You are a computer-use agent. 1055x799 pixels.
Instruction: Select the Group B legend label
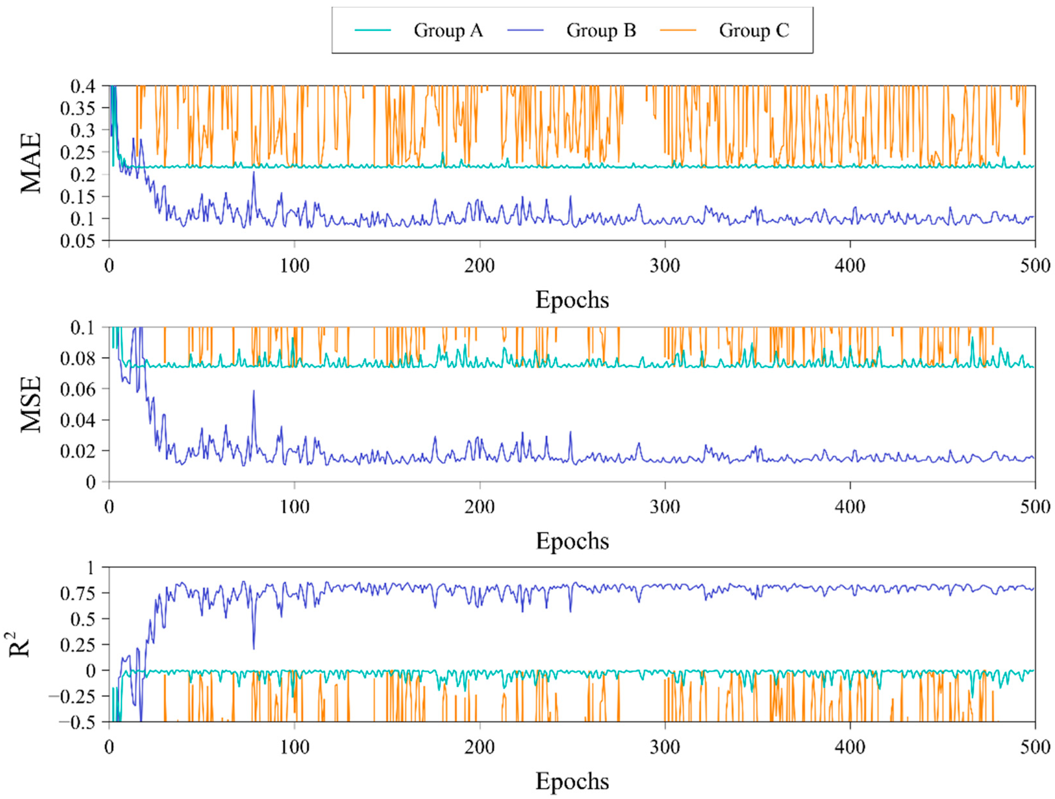click(601, 30)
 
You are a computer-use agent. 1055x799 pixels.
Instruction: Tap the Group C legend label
click(754, 30)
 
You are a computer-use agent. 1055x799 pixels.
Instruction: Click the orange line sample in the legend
click(678, 30)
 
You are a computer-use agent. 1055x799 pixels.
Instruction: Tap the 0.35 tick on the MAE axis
click(77, 108)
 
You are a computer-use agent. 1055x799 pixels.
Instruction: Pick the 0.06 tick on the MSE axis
click(77, 389)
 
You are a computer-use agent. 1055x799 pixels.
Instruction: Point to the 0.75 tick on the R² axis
click(77, 593)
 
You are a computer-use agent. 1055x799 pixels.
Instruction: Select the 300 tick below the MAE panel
click(665, 266)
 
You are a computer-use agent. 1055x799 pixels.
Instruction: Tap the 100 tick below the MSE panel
click(294, 507)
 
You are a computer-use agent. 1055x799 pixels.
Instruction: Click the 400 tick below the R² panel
click(850, 747)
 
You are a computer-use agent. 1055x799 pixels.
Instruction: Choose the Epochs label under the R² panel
click(572, 781)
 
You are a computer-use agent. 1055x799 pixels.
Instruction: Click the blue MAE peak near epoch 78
click(254, 172)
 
